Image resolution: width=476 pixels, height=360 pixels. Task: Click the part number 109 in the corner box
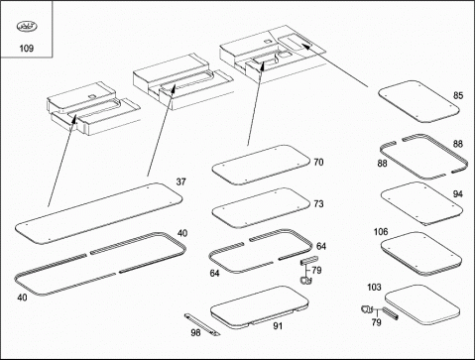tap(27, 49)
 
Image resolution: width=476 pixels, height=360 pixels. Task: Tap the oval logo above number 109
tap(27, 26)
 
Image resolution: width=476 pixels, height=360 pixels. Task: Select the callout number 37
tap(180, 181)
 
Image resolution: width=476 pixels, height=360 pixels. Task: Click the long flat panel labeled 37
tap(98, 213)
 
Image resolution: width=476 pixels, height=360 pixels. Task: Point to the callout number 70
tap(318, 163)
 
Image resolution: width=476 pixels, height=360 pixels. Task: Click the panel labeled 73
tap(261, 208)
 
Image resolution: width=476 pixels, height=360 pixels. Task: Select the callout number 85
tap(458, 95)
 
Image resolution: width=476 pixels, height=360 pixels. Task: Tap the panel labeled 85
tap(419, 102)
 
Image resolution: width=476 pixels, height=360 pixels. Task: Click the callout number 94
tap(458, 194)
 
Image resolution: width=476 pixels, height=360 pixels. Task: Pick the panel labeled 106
tap(421, 254)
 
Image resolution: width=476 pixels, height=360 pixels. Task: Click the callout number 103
tap(374, 288)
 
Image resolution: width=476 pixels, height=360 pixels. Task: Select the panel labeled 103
tap(422, 304)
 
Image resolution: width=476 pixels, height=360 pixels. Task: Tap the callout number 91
tap(278, 326)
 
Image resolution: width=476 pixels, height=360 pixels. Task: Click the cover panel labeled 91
tap(260, 307)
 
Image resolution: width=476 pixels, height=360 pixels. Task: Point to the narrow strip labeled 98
tap(202, 325)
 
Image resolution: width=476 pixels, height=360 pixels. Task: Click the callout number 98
tap(195, 332)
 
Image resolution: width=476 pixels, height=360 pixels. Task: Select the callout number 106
tap(381, 232)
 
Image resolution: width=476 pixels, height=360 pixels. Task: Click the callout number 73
tap(318, 204)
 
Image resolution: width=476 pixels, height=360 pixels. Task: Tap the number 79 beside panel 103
tap(377, 322)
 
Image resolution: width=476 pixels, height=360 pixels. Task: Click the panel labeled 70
tap(261, 165)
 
